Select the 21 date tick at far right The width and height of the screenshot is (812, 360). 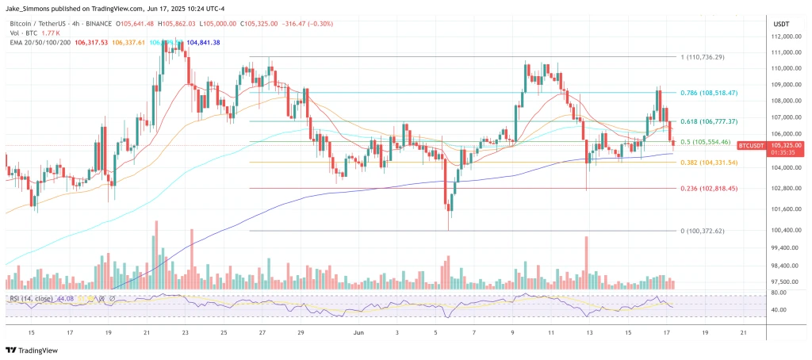[x=742, y=333]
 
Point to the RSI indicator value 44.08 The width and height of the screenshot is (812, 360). [x=71, y=299]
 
